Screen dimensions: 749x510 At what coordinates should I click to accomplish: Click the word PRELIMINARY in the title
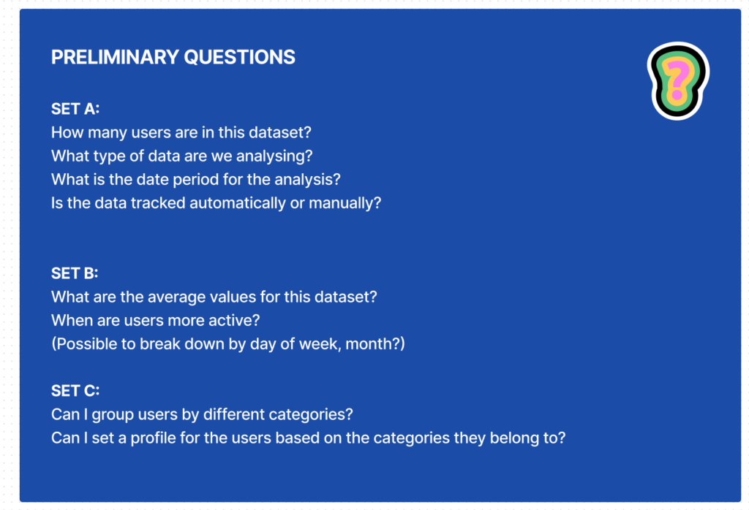coord(115,57)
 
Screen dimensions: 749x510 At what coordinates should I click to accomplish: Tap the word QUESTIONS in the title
coord(239,57)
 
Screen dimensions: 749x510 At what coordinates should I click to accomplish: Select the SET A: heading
coord(75,109)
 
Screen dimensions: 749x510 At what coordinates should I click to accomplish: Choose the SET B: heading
coord(75,273)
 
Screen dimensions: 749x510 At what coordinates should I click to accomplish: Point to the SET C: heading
coord(75,391)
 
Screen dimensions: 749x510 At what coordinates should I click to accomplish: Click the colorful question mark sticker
coord(678,80)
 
